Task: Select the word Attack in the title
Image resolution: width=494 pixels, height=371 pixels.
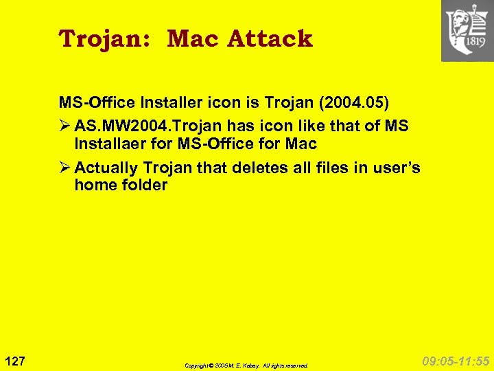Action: pos(270,38)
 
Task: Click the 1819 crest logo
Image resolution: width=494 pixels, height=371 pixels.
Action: pos(467,31)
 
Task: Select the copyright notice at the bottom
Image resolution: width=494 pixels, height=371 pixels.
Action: pos(246,366)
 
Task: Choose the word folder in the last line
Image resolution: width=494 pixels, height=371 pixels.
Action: pos(143,185)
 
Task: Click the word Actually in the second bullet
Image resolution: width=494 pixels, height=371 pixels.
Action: pos(107,168)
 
